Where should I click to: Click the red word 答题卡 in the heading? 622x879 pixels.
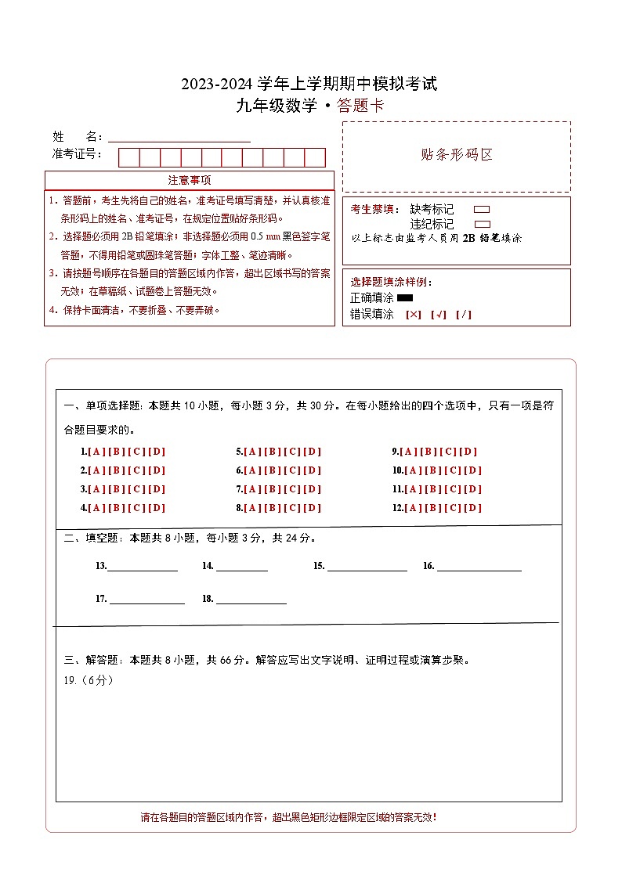point(360,106)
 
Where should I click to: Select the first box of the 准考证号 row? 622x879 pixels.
point(129,157)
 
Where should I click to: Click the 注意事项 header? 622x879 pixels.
point(190,180)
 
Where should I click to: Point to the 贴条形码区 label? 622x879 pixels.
point(457,154)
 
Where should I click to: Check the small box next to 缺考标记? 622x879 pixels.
point(483,209)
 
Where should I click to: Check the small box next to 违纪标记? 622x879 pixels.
point(483,224)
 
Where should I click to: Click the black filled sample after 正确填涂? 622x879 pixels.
point(405,297)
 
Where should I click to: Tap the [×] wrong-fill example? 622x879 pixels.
point(414,315)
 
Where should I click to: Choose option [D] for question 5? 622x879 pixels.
point(313,452)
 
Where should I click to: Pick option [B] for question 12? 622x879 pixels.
point(434,508)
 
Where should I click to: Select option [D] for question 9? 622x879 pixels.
point(468,452)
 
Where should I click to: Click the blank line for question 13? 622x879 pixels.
point(142,567)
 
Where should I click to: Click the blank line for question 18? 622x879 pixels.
point(251,600)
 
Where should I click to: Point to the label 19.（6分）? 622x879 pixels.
point(89,680)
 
